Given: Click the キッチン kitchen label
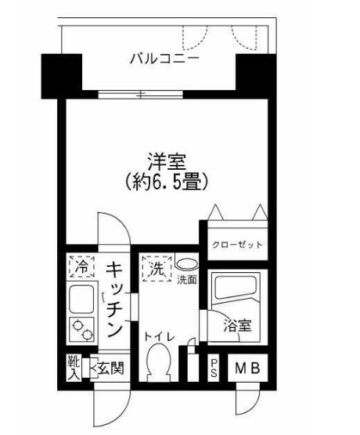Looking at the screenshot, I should [114, 297].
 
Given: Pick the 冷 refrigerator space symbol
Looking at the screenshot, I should [80, 268].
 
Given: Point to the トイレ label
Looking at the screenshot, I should [160, 336].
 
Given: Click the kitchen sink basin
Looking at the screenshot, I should [80, 298].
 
